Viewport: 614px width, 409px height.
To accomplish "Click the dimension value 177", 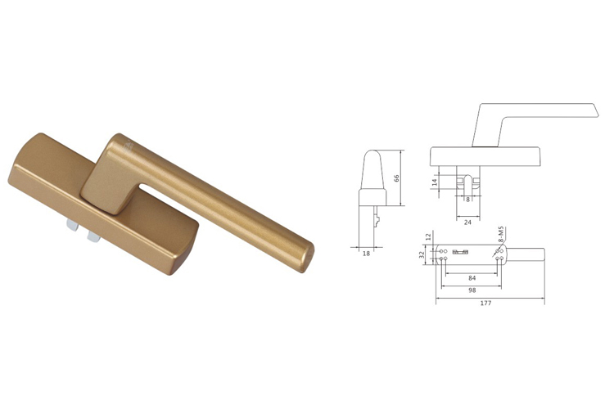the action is pos(485,303).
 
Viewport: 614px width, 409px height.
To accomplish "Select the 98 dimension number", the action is pos(472,291).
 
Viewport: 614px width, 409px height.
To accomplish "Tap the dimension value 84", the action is pos(472,278).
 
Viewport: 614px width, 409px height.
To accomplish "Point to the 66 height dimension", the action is pos(396,178).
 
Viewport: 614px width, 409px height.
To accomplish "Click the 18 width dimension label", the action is pos(366,254).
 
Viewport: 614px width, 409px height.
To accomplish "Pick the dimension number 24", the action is pos(467,222).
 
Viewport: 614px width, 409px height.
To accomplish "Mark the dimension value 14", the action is pos(434,182).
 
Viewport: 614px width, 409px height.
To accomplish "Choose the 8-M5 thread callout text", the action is pos(501,236).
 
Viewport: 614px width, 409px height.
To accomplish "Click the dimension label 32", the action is pos(422,254).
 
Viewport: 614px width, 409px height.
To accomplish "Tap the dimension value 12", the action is pos(428,236).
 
